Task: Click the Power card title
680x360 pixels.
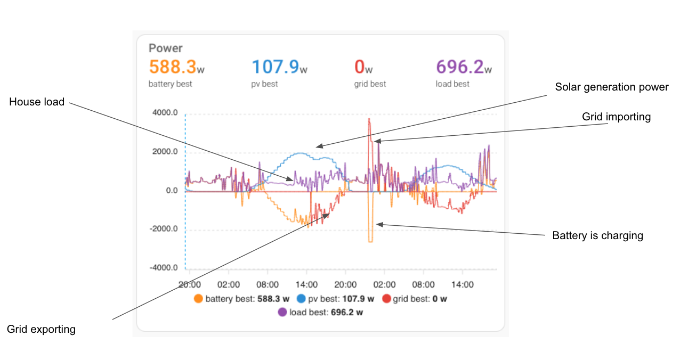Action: tap(165, 48)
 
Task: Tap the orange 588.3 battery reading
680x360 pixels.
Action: tap(173, 67)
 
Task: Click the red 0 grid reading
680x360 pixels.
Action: tap(360, 67)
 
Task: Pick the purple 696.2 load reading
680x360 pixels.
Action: tap(460, 67)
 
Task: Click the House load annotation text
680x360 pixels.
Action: tap(37, 102)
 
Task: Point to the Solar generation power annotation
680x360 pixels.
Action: tap(611, 87)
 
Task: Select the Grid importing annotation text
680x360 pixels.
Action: tap(616, 117)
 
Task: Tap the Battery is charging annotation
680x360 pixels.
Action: tap(597, 235)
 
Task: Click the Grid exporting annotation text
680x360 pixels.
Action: tap(41, 329)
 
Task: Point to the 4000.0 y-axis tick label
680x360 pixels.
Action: tap(165, 113)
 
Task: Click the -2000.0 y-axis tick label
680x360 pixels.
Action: tap(163, 230)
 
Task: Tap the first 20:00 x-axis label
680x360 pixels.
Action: tap(189, 285)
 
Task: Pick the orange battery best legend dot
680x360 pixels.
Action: tap(199, 299)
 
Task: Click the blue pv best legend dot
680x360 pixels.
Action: tap(302, 299)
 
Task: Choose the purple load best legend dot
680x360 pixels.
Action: tap(282, 312)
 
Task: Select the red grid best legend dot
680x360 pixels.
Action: tap(387, 299)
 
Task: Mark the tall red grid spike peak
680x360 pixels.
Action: tap(369, 120)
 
